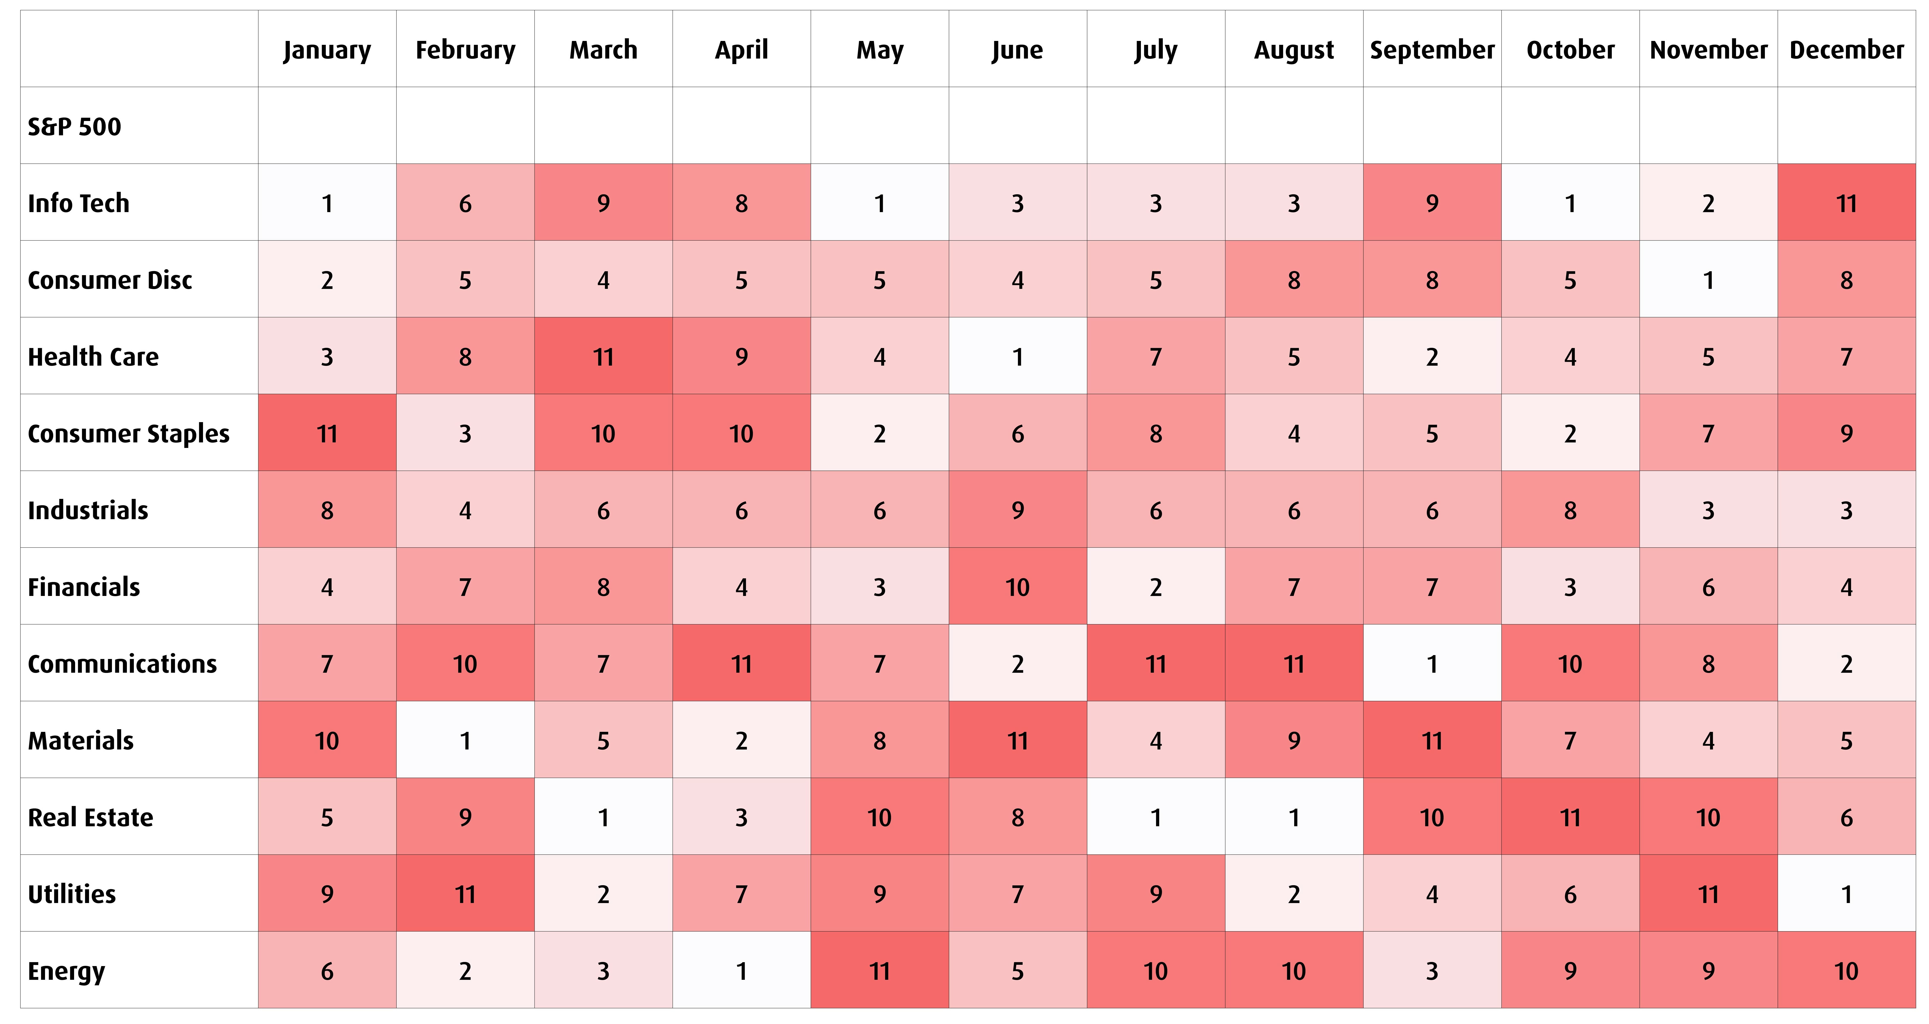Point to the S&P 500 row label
(74, 127)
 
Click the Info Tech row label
(79, 203)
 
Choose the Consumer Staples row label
(129, 434)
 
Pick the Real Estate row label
(91, 817)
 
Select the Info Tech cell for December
(1847, 203)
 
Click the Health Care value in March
(604, 357)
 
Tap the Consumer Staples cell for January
(327, 434)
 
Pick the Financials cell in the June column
(1018, 587)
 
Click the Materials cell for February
(465, 741)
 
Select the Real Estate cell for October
(1570, 817)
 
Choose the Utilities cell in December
(1847, 894)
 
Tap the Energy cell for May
(880, 971)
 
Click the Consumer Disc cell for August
(1294, 280)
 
